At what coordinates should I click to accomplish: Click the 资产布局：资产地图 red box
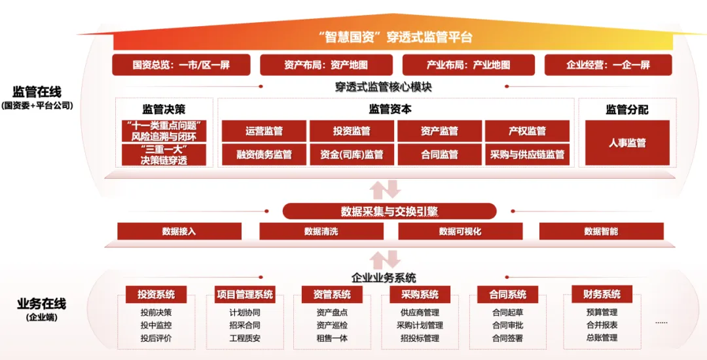[x=326, y=65]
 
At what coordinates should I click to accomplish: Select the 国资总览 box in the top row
[x=181, y=65]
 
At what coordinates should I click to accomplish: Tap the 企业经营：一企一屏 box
[x=608, y=65]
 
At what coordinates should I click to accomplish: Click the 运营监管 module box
[x=264, y=131]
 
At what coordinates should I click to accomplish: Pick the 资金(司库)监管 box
[x=352, y=154]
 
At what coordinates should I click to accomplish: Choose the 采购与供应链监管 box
[x=527, y=154]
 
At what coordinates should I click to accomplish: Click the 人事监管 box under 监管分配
[x=627, y=143]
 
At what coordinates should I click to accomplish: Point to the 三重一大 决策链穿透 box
[x=164, y=154]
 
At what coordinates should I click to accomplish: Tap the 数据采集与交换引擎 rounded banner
[x=389, y=211]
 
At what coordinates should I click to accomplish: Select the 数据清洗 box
[x=321, y=231]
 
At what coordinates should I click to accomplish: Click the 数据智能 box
[x=601, y=231]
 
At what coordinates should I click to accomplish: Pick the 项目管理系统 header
[x=245, y=295]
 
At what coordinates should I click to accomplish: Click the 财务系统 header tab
[x=602, y=294]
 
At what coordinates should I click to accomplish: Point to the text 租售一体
[x=332, y=338]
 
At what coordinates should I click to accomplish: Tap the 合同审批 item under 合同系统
[x=508, y=325]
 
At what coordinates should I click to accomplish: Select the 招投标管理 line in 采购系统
[x=420, y=338]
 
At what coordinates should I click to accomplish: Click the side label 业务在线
[x=41, y=304]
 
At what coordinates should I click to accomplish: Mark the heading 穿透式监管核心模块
[x=383, y=86]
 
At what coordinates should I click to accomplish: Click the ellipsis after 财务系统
[x=661, y=323]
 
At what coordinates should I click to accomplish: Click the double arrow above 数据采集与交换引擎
[x=385, y=189]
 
